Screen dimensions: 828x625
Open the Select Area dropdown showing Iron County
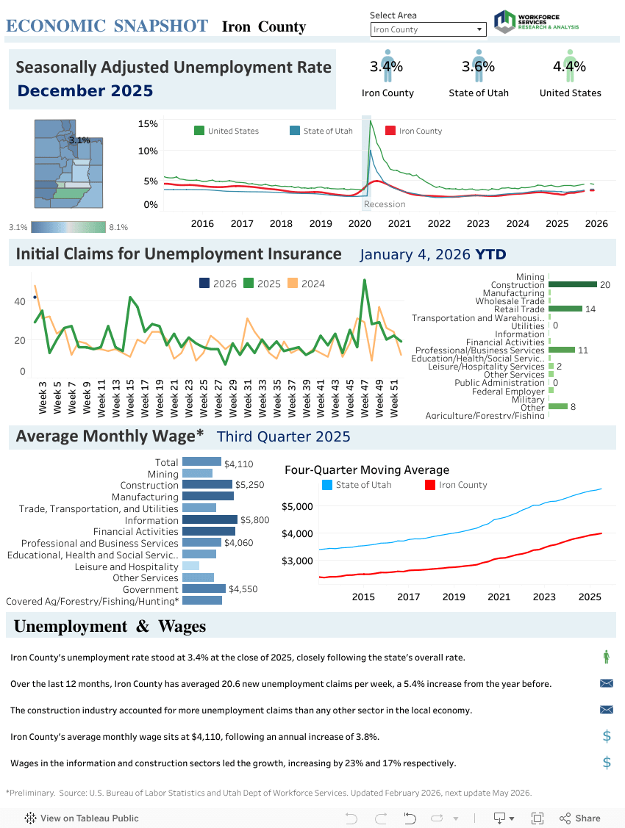click(x=428, y=29)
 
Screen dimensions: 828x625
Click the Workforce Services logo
click(x=536, y=21)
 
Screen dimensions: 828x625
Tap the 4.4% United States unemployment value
click(x=569, y=67)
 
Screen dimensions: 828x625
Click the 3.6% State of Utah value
click(x=478, y=67)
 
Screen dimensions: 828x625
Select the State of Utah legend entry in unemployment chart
click(x=327, y=131)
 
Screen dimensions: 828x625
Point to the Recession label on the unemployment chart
click(x=385, y=204)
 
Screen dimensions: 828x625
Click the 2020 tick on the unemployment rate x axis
click(x=360, y=223)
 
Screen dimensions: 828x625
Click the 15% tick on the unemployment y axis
click(x=148, y=124)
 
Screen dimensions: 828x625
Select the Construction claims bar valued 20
click(x=572, y=284)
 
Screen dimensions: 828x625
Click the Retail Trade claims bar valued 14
click(x=565, y=309)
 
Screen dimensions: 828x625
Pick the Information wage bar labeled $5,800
click(x=210, y=519)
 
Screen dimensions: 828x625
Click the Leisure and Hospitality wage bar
click(x=190, y=566)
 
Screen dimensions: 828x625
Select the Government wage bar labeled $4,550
click(x=204, y=588)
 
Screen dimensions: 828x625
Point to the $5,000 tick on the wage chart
click(x=297, y=506)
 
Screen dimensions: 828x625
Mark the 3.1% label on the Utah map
click(x=79, y=140)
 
